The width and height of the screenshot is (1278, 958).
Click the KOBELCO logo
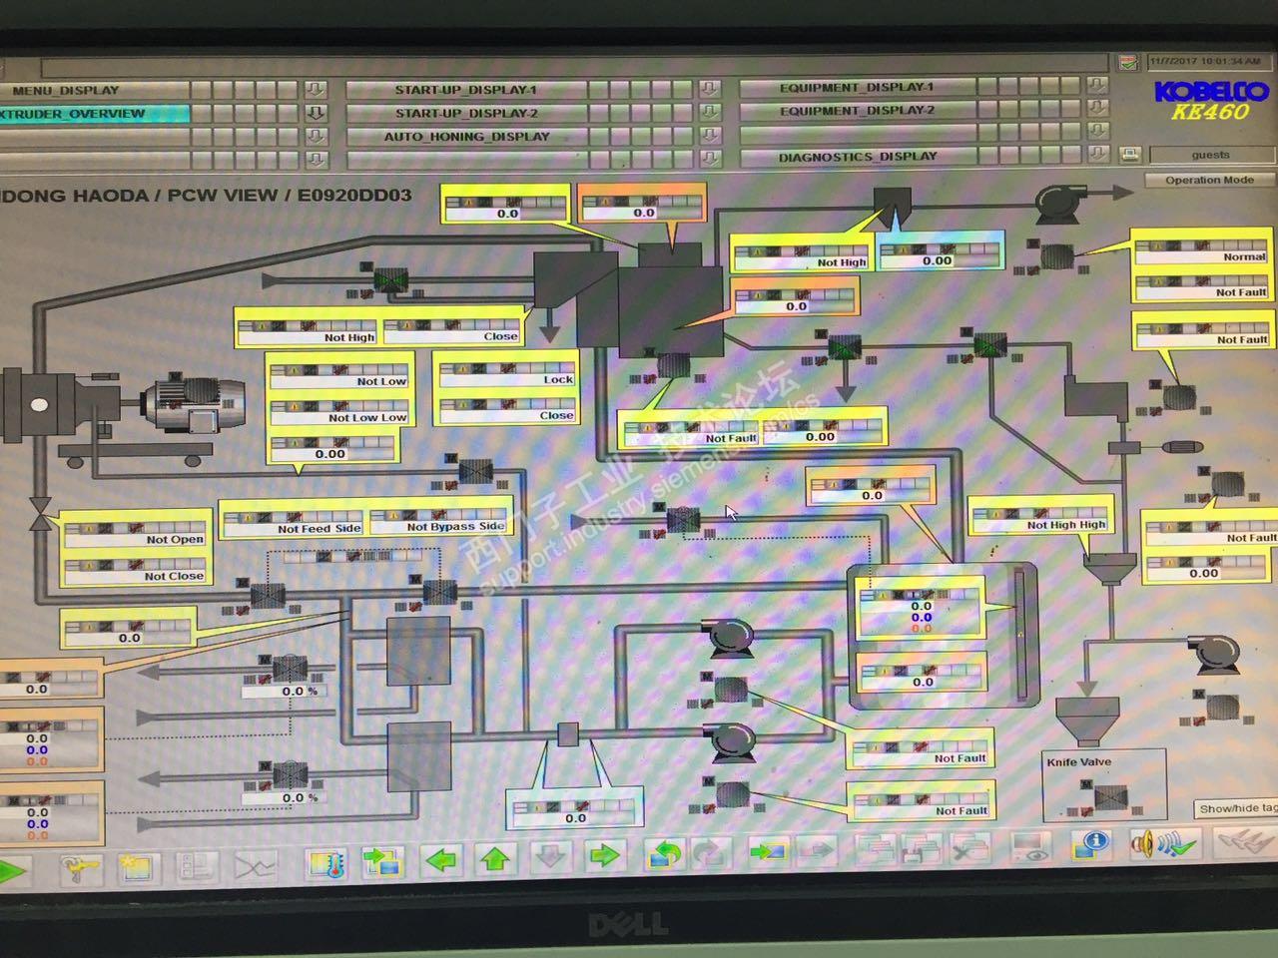coord(1209,92)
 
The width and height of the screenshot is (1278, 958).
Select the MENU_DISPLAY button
coord(65,90)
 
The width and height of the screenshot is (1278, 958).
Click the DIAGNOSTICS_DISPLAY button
coord(858,157)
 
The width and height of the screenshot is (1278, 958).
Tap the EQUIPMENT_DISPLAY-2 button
coord(857,111)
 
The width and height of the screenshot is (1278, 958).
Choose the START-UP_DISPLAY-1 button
coord(465,90)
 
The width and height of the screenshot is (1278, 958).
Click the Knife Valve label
coord(1078,762)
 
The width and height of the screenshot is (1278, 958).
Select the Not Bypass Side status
coord(454,527)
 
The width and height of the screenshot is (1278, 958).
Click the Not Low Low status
coord(366,418)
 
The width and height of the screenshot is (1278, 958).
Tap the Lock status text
coord(558,380)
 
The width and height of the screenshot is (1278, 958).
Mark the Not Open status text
coord(174,540)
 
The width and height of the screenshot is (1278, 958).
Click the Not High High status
coord(1065,525)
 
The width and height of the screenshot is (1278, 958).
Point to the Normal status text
coord(1244,257)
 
